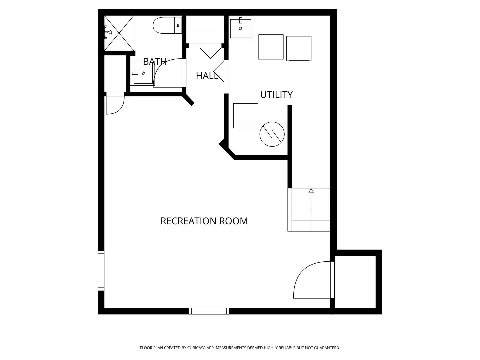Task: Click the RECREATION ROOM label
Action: (204, 221)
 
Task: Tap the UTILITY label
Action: (276, 95)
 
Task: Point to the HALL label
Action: (207, 76)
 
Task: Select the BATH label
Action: (155, 61)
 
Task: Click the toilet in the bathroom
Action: (167, 25)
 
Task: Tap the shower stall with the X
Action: (119, 33)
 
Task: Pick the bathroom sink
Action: (143, 73)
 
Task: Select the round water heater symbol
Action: (272, 134)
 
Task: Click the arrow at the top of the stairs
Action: (311, 190)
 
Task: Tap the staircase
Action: (309, 210)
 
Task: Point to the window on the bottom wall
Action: (209, 311)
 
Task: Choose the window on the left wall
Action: (101, 271)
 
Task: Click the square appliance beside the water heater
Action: (246, 116)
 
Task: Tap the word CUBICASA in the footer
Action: (196, 348)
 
